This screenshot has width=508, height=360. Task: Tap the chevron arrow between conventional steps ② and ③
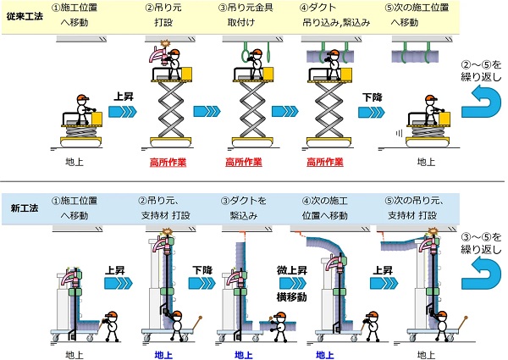[205, 110]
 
